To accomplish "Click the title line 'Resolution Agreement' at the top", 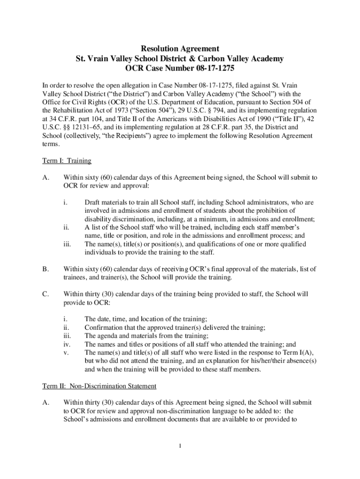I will coord(180,48).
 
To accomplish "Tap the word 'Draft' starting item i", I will coord(93,203).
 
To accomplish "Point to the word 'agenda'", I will coord(108,335).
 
